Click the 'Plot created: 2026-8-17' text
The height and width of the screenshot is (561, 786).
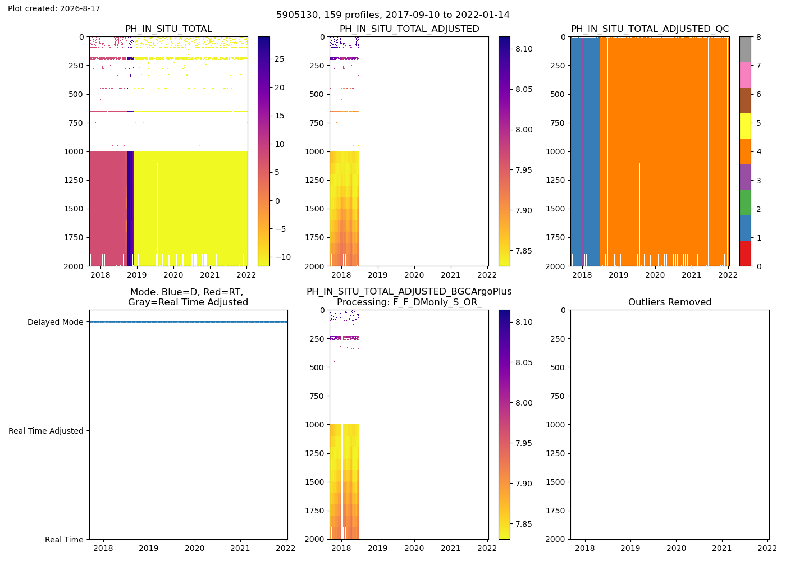pyautogui.click(x=54, y=8)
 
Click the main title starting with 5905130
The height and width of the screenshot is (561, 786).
pyautogui.click(x=392, y=15)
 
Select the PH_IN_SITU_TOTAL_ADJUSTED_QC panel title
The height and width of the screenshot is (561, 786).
pyautogui.click(x=650, y=29)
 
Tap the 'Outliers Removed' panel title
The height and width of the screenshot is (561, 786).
pyautogui.click(x=669, y=302)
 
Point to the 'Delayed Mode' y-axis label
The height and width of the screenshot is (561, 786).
pyautogui.click(x=56, y=322)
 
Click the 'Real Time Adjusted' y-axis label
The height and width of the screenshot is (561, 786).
pyautogui.click(x=46, y=431)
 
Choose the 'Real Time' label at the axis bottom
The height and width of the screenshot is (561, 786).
pyautogui.click(x=64, y=540)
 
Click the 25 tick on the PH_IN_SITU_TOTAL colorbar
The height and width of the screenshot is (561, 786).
pyautogui.click(x=280, y=59)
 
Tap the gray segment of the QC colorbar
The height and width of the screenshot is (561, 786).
pyautogui.click(x=745, y=49)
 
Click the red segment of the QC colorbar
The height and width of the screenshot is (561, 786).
pyautogui.click(x=745, y=253)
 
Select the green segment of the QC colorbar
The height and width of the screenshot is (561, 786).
pyautogui.click(x=745, y=203)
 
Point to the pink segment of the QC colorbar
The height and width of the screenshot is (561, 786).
pyautogui.click(x=745, y=75)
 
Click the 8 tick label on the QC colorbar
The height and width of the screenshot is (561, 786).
pyautogui.click(x=758, y=37)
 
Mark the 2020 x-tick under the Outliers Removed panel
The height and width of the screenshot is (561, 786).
pyautogui.click(x=676, y=548)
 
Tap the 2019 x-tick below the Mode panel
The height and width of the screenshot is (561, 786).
pyautogui.click(x=148, y=548)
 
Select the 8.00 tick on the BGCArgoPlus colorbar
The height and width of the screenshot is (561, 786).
pyautogui.click(x=524, y=403)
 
